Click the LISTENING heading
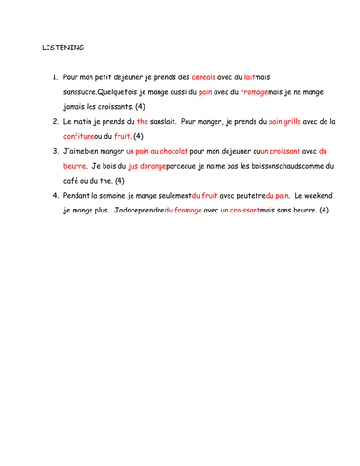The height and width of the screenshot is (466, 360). coord(62,47)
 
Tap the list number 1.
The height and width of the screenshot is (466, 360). coord(55,76)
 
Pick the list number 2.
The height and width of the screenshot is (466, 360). coord(55,121)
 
